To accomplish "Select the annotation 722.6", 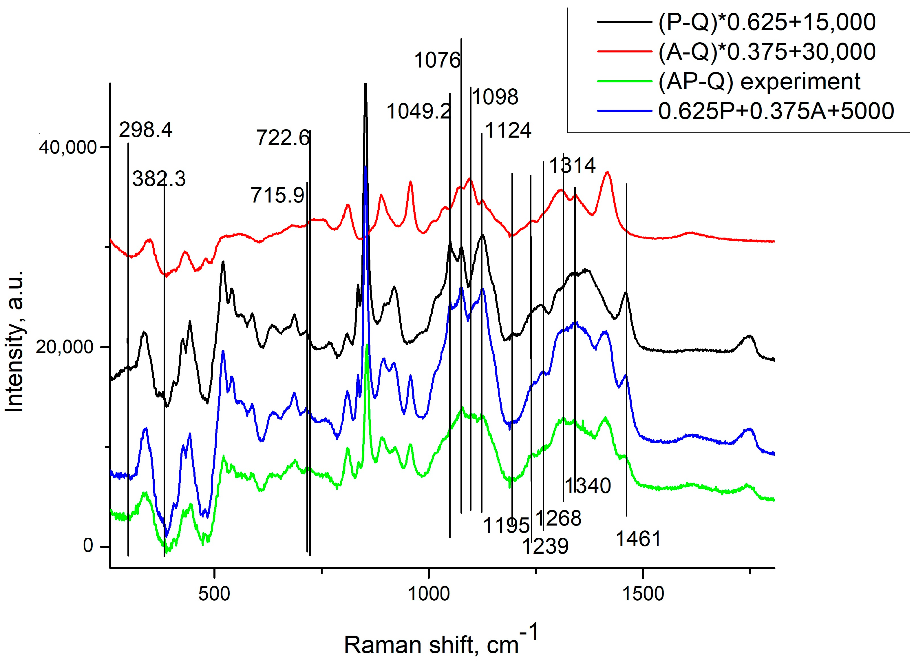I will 283,138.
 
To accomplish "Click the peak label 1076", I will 437,61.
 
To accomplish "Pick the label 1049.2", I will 418,111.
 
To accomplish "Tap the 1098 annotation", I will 495,97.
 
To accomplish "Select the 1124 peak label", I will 508,130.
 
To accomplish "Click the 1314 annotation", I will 572,165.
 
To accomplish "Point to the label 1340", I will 588,486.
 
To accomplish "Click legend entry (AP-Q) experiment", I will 759,81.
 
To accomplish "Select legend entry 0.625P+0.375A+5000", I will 776,111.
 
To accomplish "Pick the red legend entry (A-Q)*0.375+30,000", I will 767,52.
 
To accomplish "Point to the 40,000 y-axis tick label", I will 68,147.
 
